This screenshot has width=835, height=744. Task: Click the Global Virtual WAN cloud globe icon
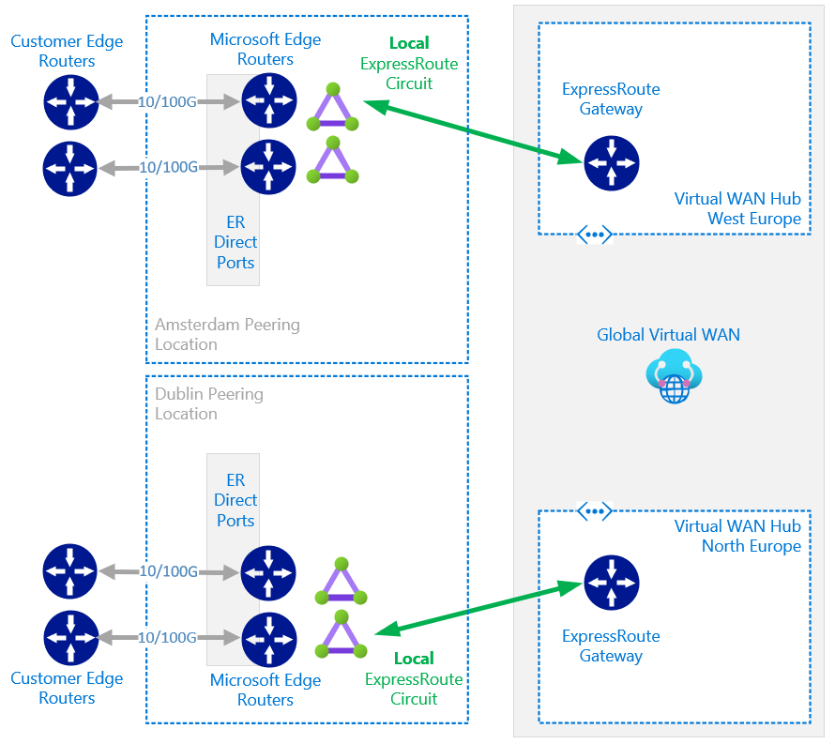pos(675,376)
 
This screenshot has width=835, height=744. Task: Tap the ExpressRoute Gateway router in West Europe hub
pos(612,163)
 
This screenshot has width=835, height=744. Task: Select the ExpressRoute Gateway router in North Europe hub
pos(612,583)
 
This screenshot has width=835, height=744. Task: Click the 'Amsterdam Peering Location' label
pos(227,334)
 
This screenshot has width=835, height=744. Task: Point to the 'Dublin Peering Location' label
pos(209,403)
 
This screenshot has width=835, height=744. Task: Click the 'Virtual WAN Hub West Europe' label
pos(737,209)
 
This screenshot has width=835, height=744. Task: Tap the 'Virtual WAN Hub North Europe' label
pos(737,536)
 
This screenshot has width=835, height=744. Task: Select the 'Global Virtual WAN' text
pos(668,334)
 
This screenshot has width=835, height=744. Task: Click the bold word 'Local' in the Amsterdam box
pos(409,43)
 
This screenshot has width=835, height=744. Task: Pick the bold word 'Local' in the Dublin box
pos(414,659)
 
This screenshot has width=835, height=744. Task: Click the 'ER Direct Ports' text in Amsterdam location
pos(235,242)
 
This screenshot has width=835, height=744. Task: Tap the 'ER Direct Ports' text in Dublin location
pos(235,500)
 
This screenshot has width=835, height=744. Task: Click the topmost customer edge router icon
pos(70,101)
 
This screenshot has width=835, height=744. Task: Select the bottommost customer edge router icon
pos(70,637)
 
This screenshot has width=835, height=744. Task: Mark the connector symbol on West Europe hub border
pos(594,235)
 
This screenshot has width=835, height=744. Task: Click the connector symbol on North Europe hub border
pos(594,512)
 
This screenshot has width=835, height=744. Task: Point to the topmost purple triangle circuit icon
pos(333,107)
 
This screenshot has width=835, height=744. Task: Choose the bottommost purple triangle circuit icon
pos(342,634)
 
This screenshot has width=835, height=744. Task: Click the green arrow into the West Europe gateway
pos(474,131)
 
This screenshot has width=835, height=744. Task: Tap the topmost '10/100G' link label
pos(167,101)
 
